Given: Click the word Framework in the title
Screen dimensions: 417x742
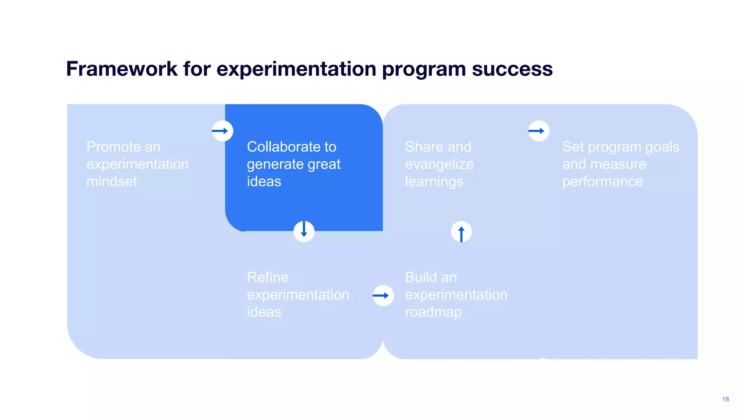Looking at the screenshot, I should pos(122,69).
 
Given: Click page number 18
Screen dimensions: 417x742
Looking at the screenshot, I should pos(725,399).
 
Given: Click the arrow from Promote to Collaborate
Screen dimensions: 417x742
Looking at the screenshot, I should pos(222,131).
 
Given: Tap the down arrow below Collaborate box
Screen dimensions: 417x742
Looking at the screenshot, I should pos(304,231).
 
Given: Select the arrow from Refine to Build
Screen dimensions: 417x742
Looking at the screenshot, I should pos(383,295).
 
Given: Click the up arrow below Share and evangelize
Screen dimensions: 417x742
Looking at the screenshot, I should pos(461,232).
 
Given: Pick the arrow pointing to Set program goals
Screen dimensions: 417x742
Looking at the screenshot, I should pos(538,131).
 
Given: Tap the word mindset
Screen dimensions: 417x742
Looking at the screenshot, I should pos(112,181).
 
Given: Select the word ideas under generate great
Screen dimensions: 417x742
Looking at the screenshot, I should pos(264,181).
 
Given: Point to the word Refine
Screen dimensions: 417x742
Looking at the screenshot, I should pos(267,277).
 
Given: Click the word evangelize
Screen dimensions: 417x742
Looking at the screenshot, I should pos(439,164).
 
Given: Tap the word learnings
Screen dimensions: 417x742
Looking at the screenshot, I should pos(434,181).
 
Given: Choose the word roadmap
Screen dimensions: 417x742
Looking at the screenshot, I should pos(433,312).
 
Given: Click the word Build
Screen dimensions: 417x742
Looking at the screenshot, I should pos(420,277).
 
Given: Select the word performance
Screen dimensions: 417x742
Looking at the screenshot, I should pos(602,181).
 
